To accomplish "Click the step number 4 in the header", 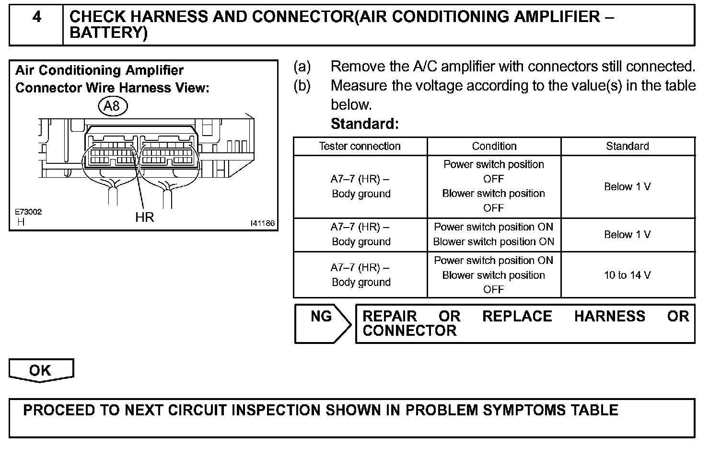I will point(36,17).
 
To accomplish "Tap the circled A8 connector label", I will point(112,106).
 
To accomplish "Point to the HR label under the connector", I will point(144,217).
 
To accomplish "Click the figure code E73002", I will point(28,212).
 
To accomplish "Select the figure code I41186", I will point(262,223).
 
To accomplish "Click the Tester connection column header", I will point(360,146).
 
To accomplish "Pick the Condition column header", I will point(494,146).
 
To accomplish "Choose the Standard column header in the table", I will point(628,146).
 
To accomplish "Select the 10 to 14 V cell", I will point(628,275).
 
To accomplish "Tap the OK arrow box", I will point(41,371).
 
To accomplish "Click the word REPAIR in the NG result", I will point(390,317).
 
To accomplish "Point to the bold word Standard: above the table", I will point(365,124).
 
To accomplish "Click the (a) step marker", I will point(302,67).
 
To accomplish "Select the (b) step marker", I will point(302,86).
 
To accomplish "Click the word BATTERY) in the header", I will point(109,33).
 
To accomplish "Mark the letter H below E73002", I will point(21,222).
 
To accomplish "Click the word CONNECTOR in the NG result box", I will point(409,331).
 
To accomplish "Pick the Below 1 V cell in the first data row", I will point(628,187).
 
